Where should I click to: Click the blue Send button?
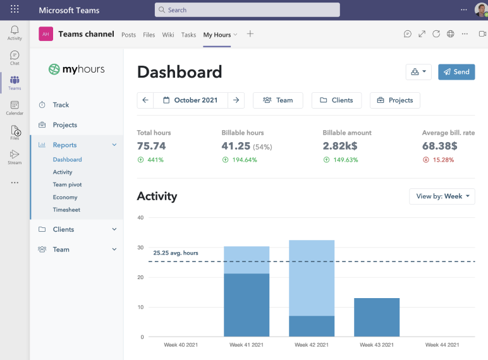click(x=456, y=72)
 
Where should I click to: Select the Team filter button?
click(x=278, y=100)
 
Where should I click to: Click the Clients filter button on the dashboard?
click(x=336, y=100)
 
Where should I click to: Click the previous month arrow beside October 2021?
click(x=145, y=100)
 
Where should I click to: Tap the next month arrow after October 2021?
click(x=236, y=100)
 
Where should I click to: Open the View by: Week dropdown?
click(x=442, y=196)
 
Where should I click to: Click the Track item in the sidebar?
click(x=61, y=105)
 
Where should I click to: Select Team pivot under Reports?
click(x=67, y=184)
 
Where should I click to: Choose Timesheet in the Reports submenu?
click(x=66, y=210)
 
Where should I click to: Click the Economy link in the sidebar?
click(x=65, y=197)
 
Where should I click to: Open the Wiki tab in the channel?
click(x=168, y=35)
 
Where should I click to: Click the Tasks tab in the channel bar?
click(x=188, y=35)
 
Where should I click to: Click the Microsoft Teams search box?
click(x=247, y=10)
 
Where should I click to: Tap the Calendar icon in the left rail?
click(x=15, y=107)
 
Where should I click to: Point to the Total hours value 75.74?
click(x=152, y=146)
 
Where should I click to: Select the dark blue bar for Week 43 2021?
click(x=377, y=317)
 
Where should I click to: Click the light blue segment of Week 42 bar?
click(x=312, y=278)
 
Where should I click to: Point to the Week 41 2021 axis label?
click(x=246, y=345)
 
